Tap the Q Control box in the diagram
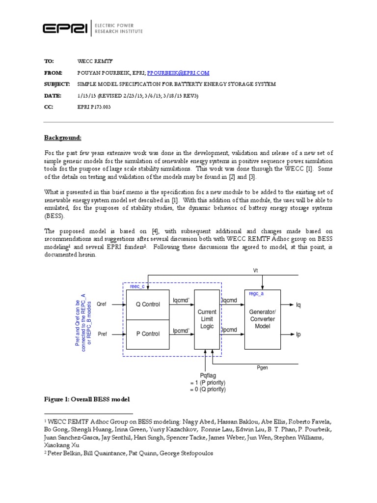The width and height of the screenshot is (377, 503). click(x=148, y=304)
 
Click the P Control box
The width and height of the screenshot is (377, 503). click(x=148, y=334)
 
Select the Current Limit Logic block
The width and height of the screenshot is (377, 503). click(x=207, y=319)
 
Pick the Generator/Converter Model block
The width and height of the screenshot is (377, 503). click(x=263, y=319)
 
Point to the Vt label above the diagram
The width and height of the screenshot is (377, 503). click(x=255, y=271)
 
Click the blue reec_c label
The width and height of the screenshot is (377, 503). click(x=137, y=286)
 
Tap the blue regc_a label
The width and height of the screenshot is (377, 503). click(x=256, y=293)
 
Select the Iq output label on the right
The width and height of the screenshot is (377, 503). click(x=298, y=305)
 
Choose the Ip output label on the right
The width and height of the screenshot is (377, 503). click(x=298, y=335)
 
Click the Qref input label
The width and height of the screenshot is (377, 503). click(x=102, y=305)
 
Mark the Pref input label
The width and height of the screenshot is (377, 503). click(x=102, y=335)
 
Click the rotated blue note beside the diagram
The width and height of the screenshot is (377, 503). click(x=82, y=319)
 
